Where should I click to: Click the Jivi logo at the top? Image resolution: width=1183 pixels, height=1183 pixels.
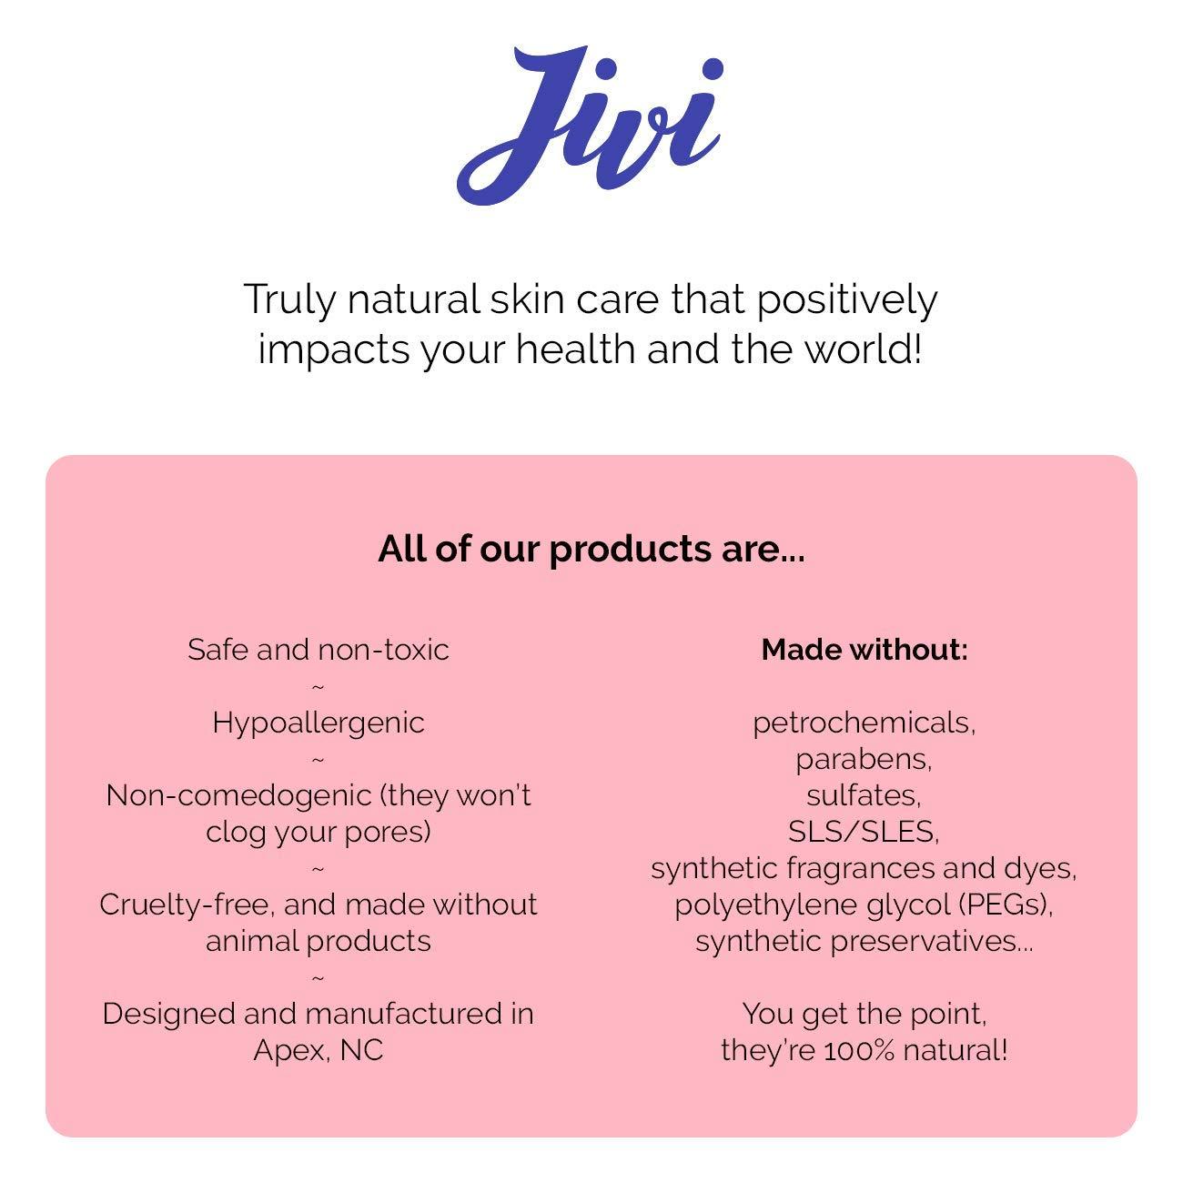pyautogui.click(x=591, y=125)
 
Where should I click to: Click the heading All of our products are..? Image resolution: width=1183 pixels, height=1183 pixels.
pyautogui.click(x=591, y=549)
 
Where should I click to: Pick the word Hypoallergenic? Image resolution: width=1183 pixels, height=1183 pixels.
pyautogui.click(x=318, y=723)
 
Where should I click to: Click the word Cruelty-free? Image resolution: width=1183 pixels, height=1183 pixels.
pyautogui.click(x=186, y=905)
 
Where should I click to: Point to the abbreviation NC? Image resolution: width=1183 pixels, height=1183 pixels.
pyautogui.click(x=361, y=1050)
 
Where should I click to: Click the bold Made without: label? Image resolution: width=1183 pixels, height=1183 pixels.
pyautogui.click(x=864, y=650)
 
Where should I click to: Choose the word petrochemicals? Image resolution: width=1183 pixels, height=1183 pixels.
pyautogui.click(x=864, y=723)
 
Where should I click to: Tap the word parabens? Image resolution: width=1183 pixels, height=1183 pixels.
pyautogui.click(x=864, y=759)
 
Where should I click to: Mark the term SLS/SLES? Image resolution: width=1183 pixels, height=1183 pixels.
pyautogui.click(x=863, y=832)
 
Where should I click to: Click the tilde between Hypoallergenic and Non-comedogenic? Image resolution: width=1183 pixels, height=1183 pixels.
pyautogui.click(x=318, y=759)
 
